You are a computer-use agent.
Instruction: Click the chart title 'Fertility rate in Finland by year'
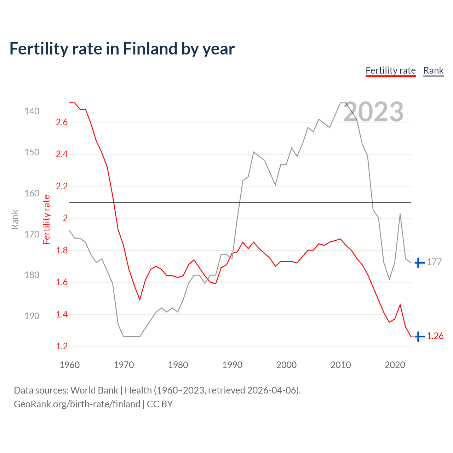point(122,49)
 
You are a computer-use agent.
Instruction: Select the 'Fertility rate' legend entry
point(390,70)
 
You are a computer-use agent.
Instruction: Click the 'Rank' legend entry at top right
point(433,70)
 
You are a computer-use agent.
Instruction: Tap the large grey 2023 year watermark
point(373,112)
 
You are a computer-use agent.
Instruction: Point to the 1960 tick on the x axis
point(69,365)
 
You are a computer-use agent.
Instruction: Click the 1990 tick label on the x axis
point(232,365)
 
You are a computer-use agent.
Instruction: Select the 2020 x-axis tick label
point(395,365)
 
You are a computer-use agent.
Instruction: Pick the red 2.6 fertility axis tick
point(62,122)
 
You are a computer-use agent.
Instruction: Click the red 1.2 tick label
point(62,346)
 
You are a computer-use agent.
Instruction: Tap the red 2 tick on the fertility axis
point(65,218)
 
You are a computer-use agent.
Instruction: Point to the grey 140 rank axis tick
point(32,111)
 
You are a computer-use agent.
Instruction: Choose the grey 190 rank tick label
point(32,316)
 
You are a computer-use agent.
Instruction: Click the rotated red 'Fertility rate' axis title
point(46,220)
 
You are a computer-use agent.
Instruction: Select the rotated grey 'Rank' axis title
point(15,220)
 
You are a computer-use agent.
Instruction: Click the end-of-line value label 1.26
point(435,336)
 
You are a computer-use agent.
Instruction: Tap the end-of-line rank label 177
point(434,262)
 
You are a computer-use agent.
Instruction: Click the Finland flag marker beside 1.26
point(419,337)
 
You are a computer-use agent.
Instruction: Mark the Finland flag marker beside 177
point(419,263)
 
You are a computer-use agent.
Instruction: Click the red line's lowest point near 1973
point(140,300)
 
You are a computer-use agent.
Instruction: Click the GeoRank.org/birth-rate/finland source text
point(77,404)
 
